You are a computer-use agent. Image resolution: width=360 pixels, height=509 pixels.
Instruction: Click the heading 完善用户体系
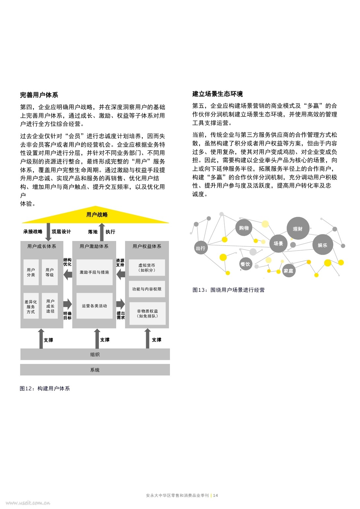tap(39, 95)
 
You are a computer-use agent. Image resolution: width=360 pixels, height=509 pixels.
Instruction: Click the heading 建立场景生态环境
tap(218, 94)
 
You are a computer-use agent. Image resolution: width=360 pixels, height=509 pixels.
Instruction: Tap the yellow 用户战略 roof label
tap(97, 215)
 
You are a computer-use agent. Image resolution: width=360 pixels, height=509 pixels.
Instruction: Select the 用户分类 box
tap(31, 272)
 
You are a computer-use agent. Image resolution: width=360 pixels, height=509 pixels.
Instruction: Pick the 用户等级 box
tap(49, 272)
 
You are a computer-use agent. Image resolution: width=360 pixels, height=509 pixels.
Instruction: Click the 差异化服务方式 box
tap(31, 306)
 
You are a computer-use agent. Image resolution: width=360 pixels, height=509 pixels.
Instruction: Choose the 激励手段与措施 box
tap(94, 272)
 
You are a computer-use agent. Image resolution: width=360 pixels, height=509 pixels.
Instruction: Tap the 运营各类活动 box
tap(94, 306)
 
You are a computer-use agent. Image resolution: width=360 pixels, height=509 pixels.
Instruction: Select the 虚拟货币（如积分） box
tap(147, 268)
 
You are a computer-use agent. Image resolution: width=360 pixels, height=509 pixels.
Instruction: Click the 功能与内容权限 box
tap(147, 289)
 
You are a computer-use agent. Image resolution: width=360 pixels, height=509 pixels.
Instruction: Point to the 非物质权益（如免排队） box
tap(147, 314)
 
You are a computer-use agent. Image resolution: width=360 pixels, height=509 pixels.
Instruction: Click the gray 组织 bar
tap(95, 354)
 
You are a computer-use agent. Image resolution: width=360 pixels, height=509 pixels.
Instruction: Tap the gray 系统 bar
tap(95, 370)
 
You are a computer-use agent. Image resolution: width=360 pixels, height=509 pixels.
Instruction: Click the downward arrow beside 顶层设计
tap(48, 232)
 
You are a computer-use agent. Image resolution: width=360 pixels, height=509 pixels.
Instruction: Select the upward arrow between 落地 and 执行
tap(102, 232)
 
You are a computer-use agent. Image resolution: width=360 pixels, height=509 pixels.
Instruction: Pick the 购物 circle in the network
tap(244, 227)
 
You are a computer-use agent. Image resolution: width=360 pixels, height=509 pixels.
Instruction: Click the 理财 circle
tap(298, 228)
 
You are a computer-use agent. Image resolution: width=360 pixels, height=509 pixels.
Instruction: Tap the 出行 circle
tap(201, 248)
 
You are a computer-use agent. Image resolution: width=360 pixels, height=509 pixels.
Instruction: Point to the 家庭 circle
tap(288, 270)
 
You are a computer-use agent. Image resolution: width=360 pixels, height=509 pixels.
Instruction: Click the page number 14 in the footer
tap(215, 495)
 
